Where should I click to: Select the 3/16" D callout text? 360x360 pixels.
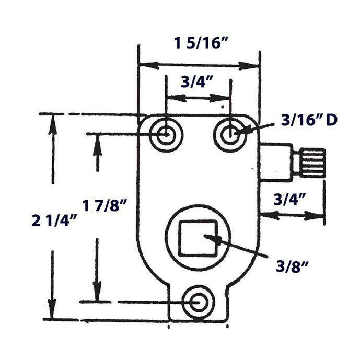click(x=309, y=120)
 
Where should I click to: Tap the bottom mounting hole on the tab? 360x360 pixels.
click(x=199, y=302)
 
